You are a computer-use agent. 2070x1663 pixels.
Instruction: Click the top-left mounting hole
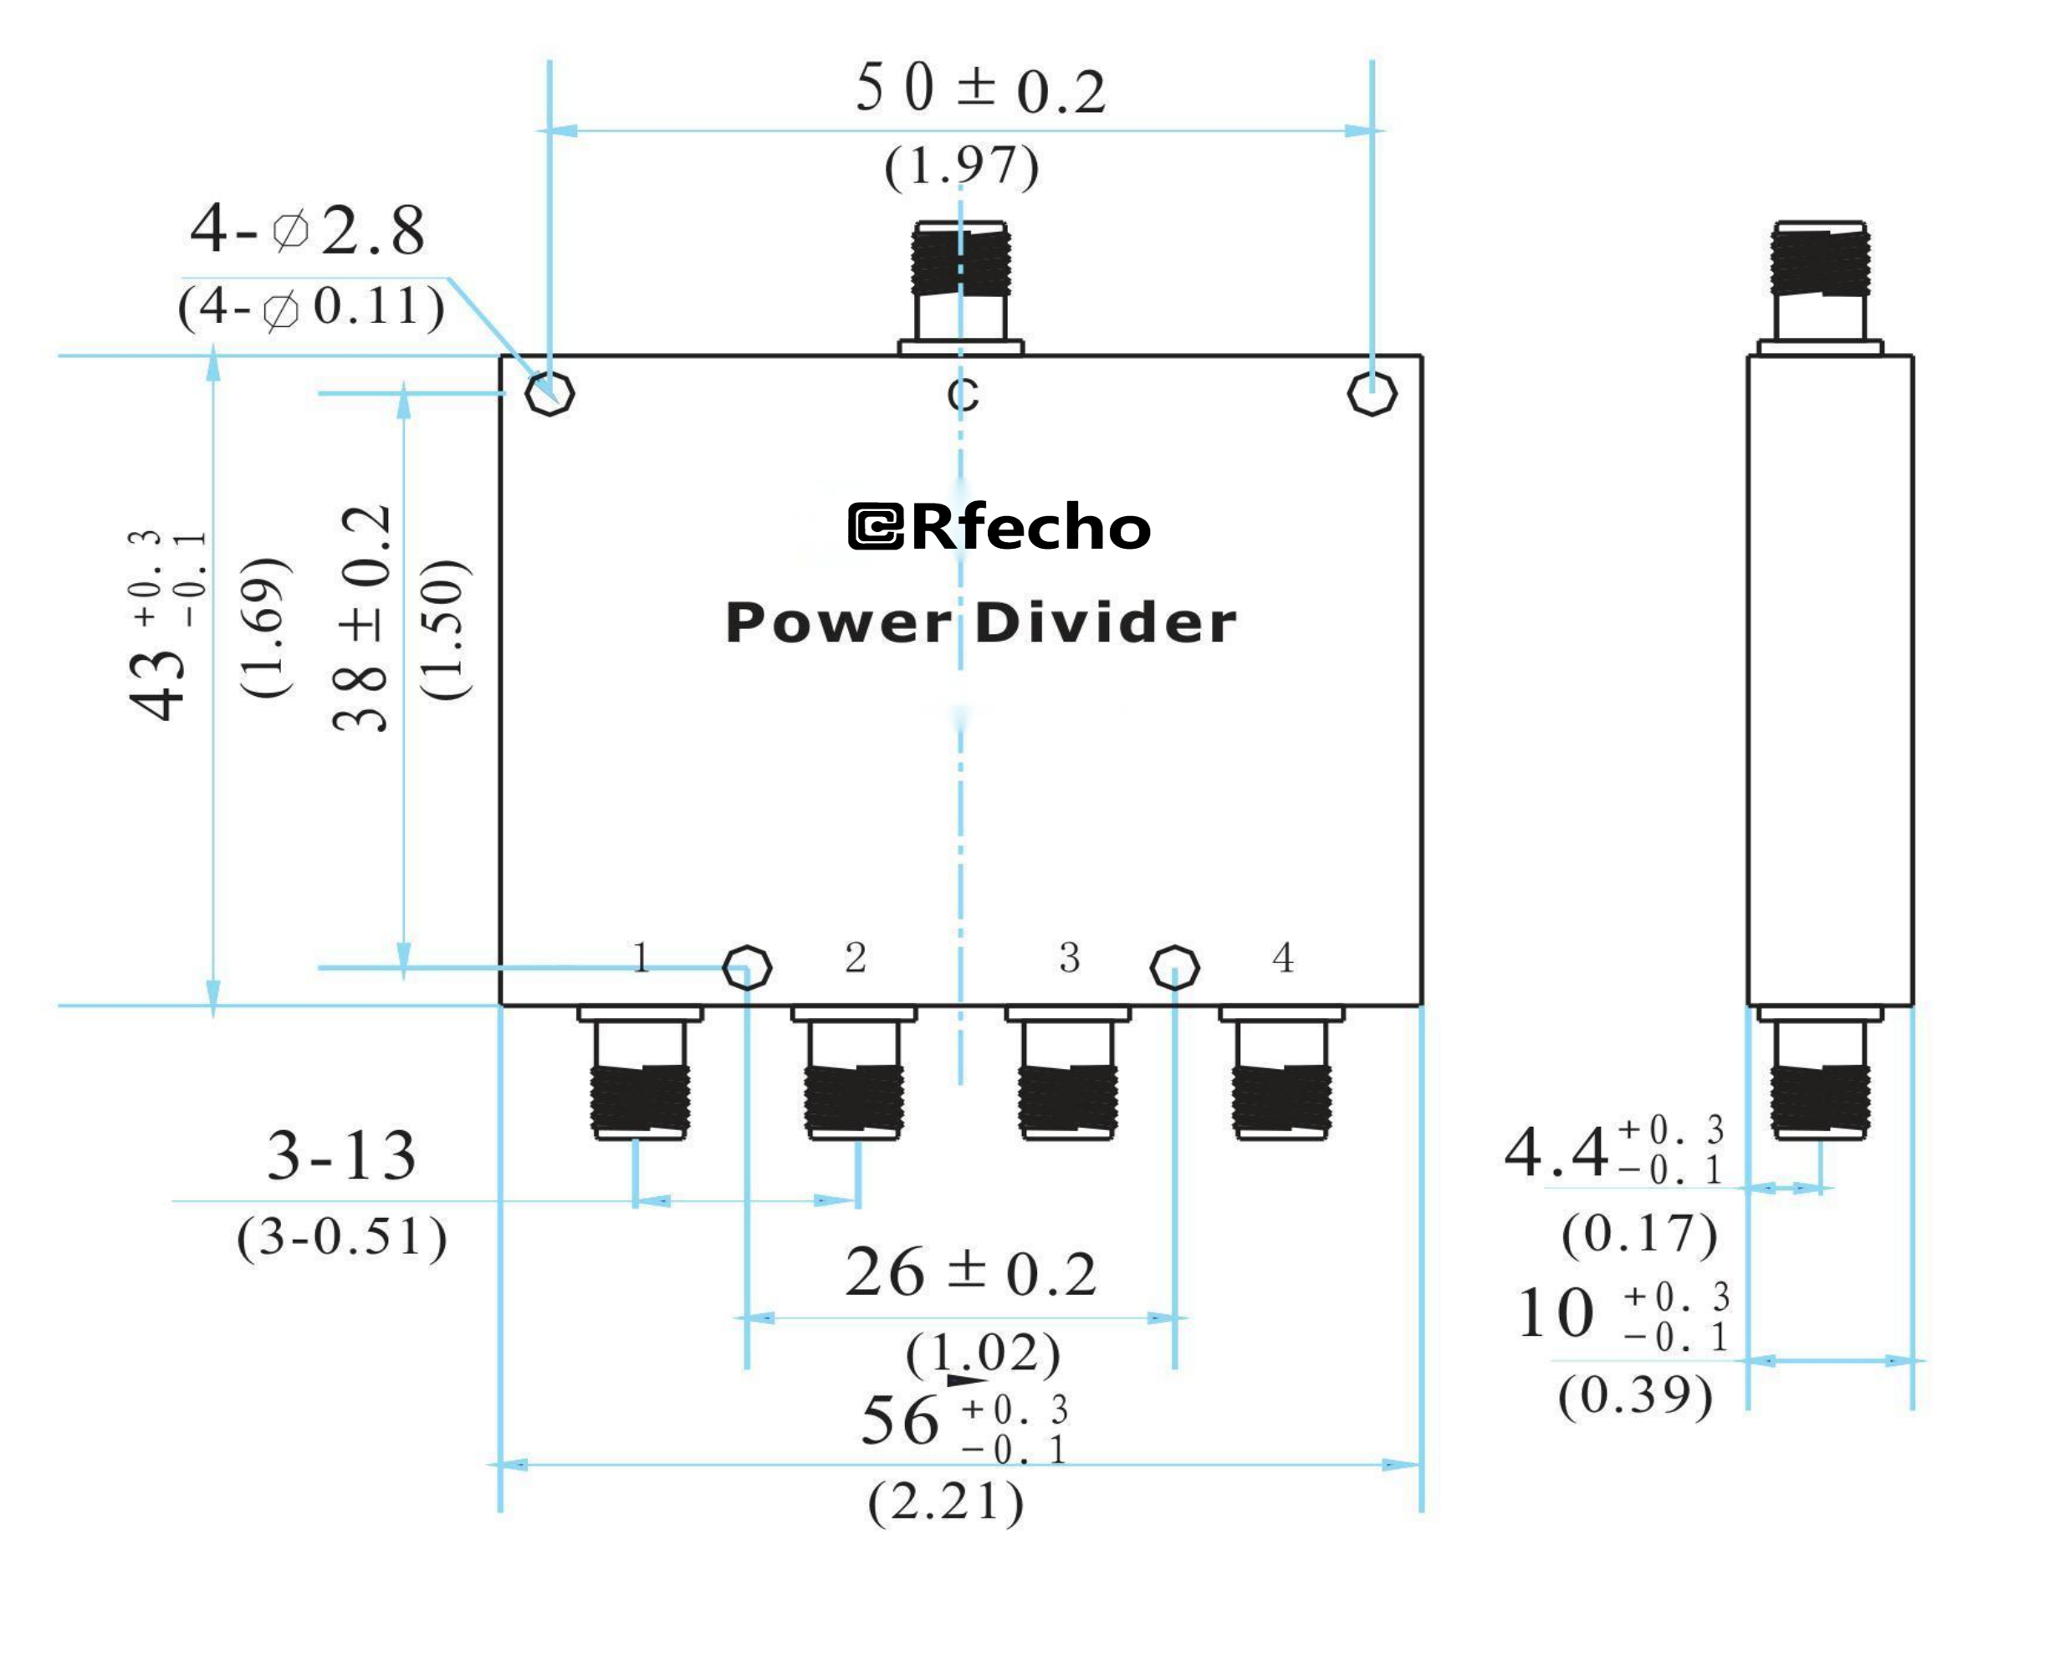[x=550, y=394]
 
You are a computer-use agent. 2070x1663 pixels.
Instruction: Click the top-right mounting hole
[x=1372, y=394]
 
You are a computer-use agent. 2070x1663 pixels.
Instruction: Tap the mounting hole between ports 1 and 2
[x=746, y=967]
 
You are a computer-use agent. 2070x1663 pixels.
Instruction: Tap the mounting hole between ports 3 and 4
[x=1174, y=967]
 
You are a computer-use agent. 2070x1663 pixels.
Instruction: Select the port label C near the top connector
[x=963, y=396]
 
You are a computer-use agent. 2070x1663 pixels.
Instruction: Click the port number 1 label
[x=641, y=957]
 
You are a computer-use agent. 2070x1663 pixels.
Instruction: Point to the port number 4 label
[x=1283, y=957]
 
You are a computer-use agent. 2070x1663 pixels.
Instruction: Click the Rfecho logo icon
[x=876, y=527]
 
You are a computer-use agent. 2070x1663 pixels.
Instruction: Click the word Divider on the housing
[x=1105, y=623]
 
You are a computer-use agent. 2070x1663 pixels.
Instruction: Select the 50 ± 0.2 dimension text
[x=980, y=90]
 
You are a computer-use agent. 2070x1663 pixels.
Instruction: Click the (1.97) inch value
[x=961, y=166]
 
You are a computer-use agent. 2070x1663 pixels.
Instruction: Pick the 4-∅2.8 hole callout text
[x=307, y=230]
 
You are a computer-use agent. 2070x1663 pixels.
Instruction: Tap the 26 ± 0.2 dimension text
[x=969, y=1273]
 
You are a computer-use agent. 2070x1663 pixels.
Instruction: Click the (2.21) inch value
[x=946, y=1502]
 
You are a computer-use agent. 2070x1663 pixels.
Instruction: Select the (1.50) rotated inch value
[x=446, y=629]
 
